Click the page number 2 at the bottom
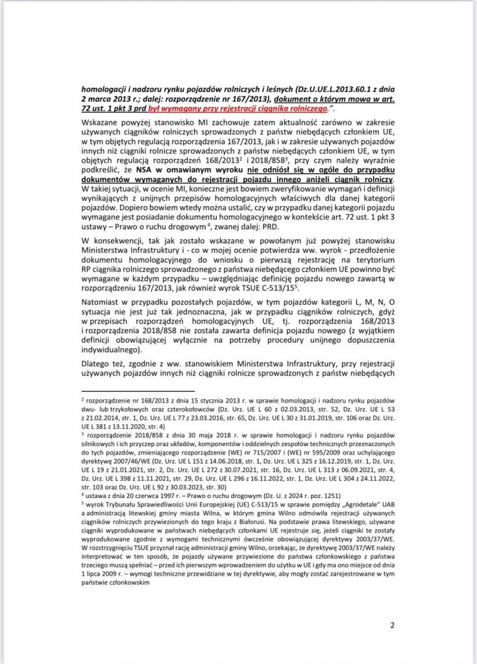(x=393, y=625)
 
